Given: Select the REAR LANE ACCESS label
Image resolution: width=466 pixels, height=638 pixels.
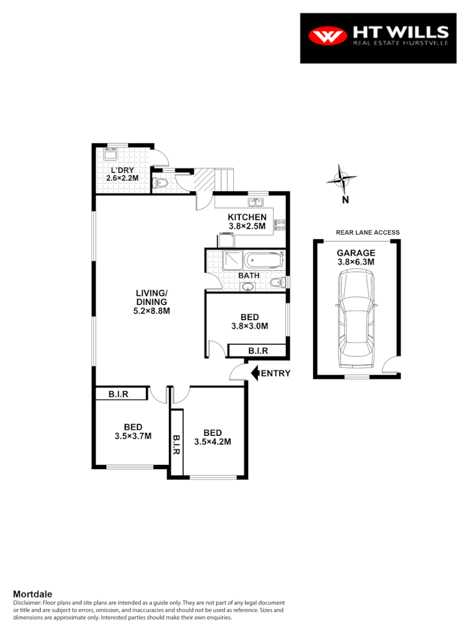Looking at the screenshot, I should click(367, 232).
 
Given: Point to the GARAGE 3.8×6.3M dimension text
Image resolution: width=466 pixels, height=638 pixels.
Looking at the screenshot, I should click(356, 257).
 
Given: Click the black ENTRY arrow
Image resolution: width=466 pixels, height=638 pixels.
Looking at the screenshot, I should click(255, 373).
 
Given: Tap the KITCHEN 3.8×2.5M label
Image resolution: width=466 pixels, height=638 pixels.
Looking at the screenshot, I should click(247, 222).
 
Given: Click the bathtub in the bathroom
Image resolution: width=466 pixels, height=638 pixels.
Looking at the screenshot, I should click(265, 259).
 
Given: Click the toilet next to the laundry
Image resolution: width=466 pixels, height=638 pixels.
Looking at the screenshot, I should click(160, 183).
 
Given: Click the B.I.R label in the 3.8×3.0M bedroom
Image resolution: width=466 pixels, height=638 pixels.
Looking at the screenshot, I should click(258, 351).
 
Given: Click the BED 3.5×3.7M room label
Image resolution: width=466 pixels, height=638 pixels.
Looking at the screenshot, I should click(132, 431).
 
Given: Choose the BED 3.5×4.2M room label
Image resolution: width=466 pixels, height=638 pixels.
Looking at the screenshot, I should click(213, 437).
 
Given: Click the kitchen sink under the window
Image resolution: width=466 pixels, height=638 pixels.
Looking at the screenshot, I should click(252, 201).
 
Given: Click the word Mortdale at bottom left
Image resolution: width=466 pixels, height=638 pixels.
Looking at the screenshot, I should click(33, 594).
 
